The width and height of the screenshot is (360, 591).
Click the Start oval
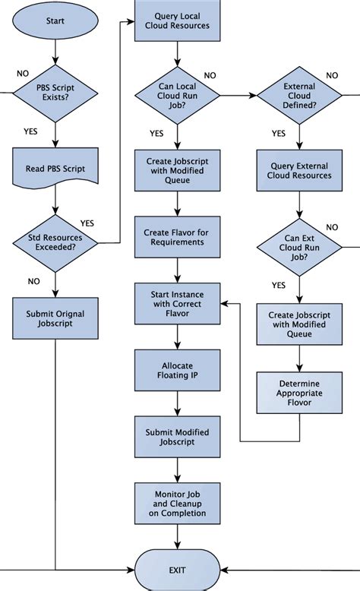[x=55, y=21]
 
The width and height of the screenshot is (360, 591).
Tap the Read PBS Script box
[x=55, y=169]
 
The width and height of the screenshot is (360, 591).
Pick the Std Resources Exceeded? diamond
[x=55, y=243]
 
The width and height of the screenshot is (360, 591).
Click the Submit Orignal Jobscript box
[x=55, y=318]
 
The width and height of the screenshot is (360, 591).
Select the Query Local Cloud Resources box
[x=177, y=21]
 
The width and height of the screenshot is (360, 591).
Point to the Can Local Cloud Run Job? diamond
[x=177, y=96]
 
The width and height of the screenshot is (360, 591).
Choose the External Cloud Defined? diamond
[x=299, y=96]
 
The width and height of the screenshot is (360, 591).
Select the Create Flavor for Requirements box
[x=177, y=236]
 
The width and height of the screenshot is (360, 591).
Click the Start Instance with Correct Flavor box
[x=177, y=302]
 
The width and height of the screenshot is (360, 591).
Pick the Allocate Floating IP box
[x=177, y=370]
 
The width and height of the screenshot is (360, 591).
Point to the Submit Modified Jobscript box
[x=177, y=437]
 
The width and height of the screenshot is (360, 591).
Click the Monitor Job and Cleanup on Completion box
[x=177, y=502]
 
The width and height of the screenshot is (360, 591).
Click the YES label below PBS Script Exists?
[x=30, y=131]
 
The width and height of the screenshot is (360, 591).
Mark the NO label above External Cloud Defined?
[x=332, y=75]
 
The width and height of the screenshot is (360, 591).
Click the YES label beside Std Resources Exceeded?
[x=87, y=223]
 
